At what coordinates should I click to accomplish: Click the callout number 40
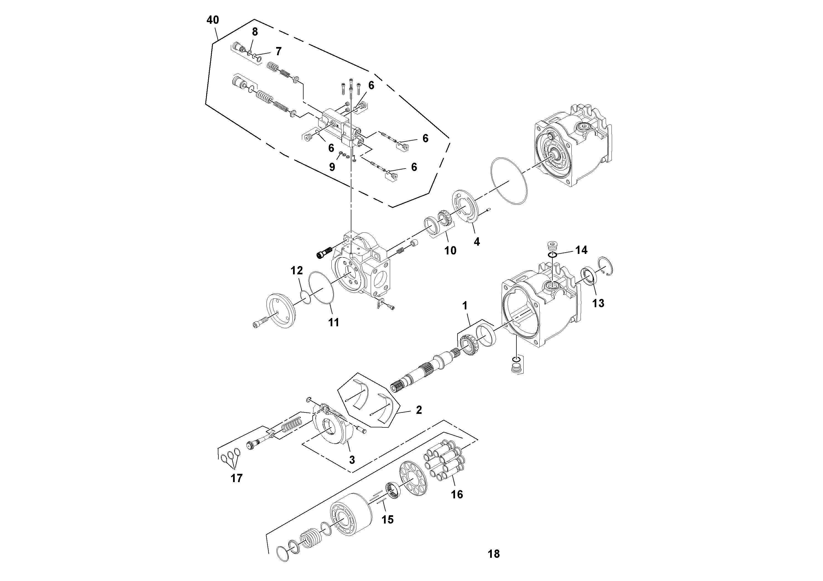pyautogui.click(x=213, y=20)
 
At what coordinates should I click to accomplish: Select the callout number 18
pyautogui.click(x=493, y=554)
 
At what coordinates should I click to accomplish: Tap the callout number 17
pyautogui.click(x=237, y=478)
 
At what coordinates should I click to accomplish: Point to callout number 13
pyautogui.click(x=598, y=303)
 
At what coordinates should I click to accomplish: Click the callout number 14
pyautogui.click(x=581, y=250)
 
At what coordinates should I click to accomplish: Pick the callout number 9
pyautogui.click(x=332, y=167)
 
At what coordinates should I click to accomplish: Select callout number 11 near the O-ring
pyautogui.click(x=334, y=322)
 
